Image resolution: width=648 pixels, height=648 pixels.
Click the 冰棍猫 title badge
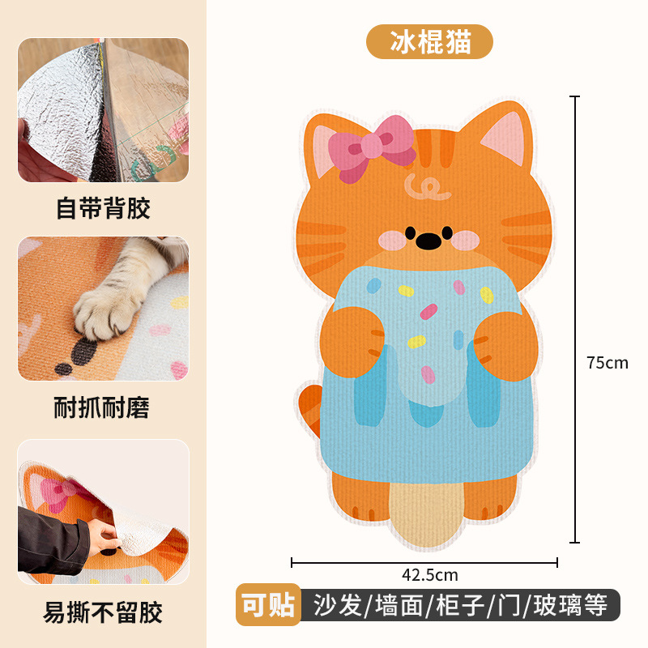[x=429, y=42]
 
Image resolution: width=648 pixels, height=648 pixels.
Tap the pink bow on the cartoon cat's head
[x=372, y=148]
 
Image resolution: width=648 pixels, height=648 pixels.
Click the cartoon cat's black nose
[x=428, y=241]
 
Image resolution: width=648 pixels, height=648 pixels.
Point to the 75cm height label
[x=607, y=363]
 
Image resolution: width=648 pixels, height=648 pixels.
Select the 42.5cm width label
[x=430, y=575]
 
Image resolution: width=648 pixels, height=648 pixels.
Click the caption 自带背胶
[x=103, y=208]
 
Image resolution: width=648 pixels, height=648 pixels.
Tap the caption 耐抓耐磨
[x=102, y=407]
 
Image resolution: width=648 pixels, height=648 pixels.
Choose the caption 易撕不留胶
[x=103, y=612]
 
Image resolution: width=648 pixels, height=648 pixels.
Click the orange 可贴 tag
[x=268, y=604]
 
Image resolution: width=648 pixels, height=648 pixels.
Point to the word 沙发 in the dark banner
[x=337, y=605]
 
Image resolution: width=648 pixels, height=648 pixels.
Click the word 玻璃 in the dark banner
[x=556, y=605]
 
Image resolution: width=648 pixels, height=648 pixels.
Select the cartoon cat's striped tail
[x=310, y=410]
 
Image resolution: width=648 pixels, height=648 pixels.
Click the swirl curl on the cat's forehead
[x=427, y=187]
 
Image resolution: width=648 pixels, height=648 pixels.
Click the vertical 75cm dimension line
[x=574, y=319]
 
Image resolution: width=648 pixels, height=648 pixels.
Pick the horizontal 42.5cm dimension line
[x=424, y=562]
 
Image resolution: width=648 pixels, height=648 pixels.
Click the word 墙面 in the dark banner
[x=399, y=605]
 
